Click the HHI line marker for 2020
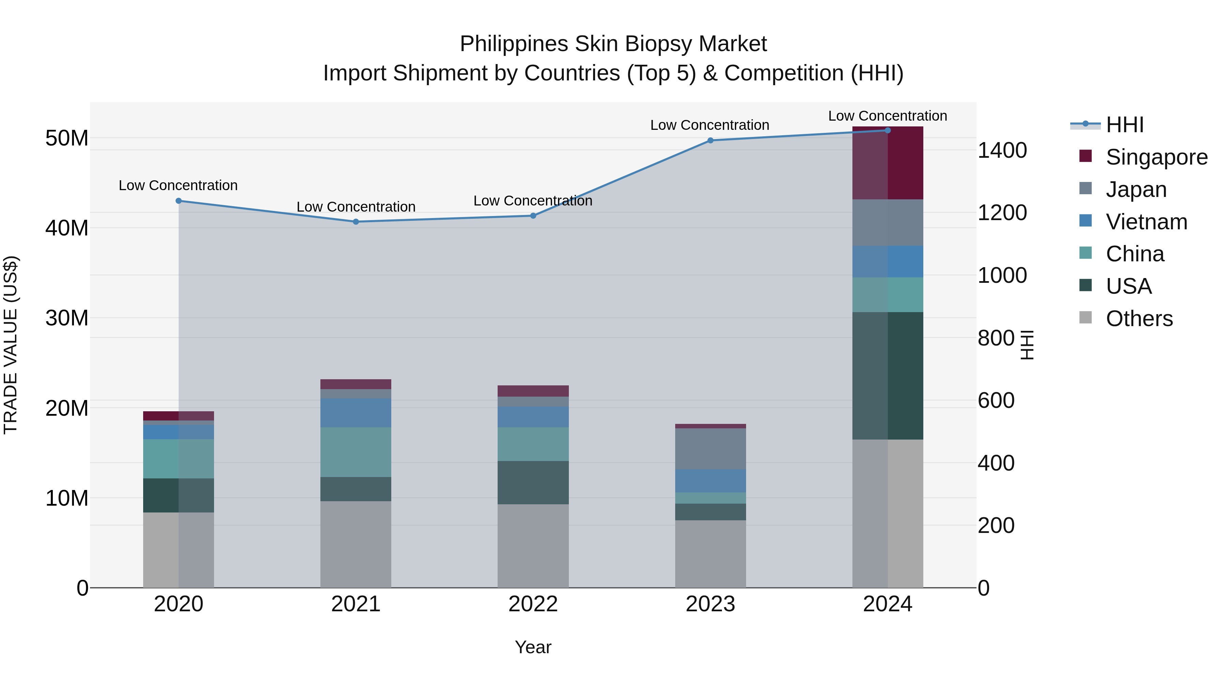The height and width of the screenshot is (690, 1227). click(179, 201)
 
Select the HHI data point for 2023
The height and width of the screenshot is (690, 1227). click(710, 140)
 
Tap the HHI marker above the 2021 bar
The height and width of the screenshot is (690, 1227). click(356, 222)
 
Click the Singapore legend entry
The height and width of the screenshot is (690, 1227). click(1156, 157)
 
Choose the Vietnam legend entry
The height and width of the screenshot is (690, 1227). click(1146, 222)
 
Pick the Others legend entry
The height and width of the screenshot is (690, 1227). click(1139, 319)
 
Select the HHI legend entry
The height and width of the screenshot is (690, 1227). click(1124, 125)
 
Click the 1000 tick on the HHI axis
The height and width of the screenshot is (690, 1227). click(1002, 275)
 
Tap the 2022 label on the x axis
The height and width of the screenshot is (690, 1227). click(533, 604)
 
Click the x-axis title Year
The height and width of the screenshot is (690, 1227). click(533, 647)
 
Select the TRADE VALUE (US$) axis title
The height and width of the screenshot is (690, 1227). click(11, 345)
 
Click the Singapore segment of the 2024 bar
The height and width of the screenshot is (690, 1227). click(888, 163)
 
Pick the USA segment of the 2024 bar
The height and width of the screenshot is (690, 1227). click(888, 376)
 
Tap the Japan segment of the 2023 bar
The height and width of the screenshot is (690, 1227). click(710, 449)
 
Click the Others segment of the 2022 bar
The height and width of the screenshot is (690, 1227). click(533, 546)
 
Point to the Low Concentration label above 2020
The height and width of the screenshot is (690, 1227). click(178, 186)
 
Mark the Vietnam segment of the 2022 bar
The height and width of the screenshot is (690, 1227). click(533, 417)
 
